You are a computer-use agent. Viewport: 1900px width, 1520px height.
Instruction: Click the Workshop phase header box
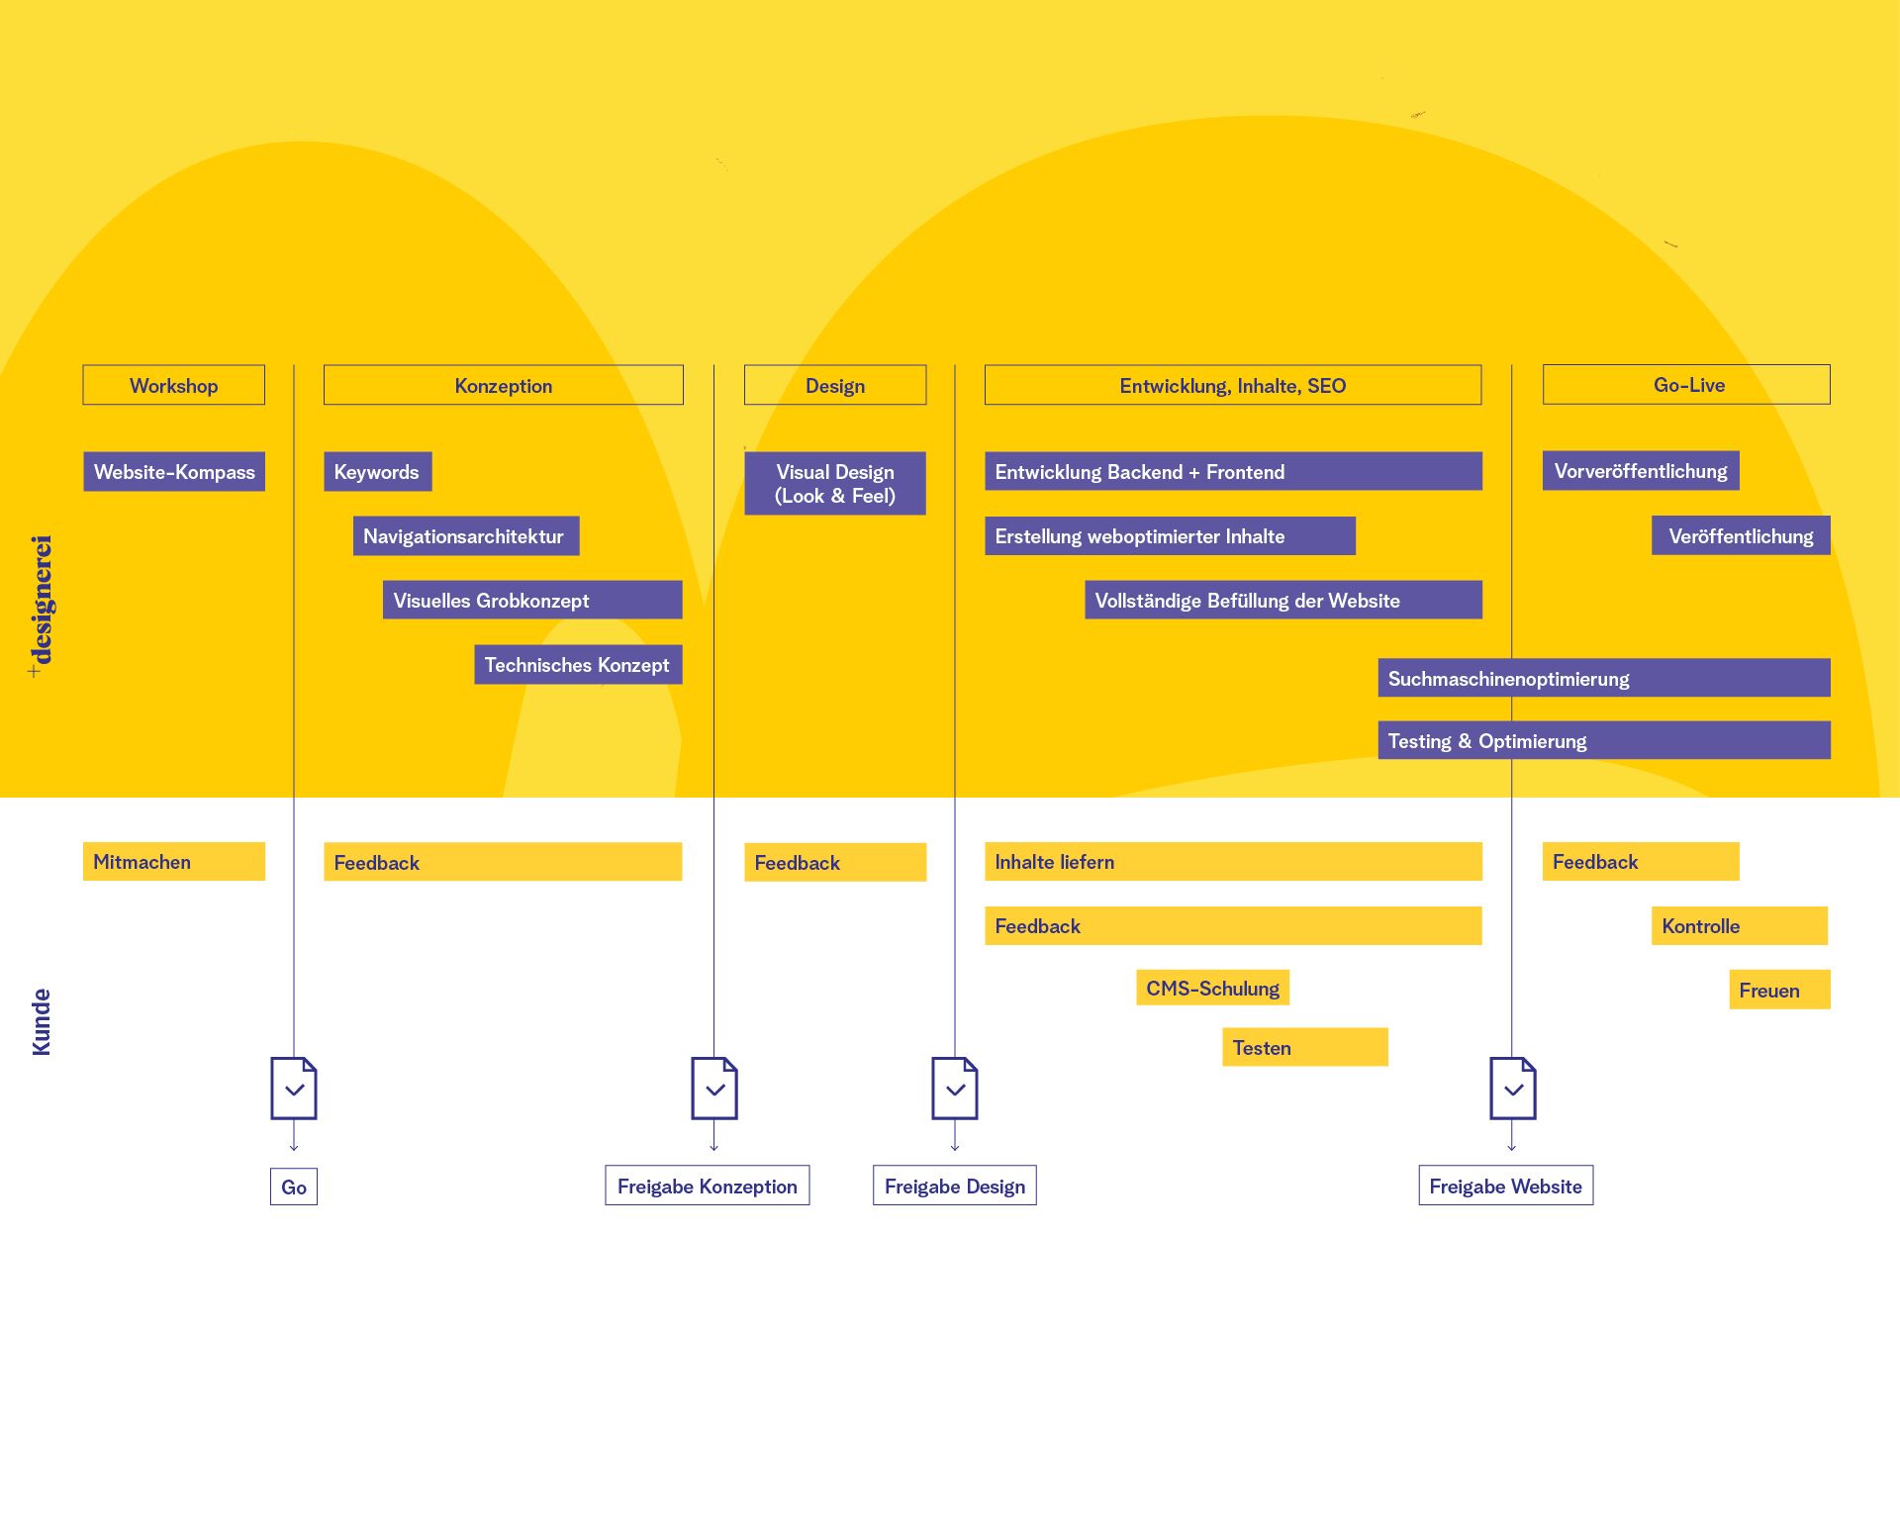[x=173, y=385]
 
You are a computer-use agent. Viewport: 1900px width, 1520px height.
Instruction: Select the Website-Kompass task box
[x=174, y=472]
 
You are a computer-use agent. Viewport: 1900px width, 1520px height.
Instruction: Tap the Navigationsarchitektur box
[x=465, y=536]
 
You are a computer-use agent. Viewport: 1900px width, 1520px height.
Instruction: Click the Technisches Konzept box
[x=578, y=665]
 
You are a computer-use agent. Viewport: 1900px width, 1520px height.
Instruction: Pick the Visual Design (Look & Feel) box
[x=834, y=484]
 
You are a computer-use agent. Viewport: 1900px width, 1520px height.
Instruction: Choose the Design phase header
[x=834, y=385]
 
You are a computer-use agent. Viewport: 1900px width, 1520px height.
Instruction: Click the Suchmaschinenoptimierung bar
[x=1603, y=679]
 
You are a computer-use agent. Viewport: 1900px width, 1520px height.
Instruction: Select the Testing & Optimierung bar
[x=1603, y=741]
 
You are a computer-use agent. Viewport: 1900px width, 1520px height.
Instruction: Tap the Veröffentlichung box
[x=1740, y=536]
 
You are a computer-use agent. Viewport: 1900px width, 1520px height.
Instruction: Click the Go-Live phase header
[x=1686, y=385]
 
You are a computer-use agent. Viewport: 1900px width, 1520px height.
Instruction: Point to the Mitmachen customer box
[x=174, y=862]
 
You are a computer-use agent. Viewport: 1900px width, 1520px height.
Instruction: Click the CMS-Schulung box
[x=1212, y=989]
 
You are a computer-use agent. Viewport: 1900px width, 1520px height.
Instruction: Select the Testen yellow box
[x=1304, y=1048]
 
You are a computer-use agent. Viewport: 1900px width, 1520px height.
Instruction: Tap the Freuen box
[x=1778, y=991]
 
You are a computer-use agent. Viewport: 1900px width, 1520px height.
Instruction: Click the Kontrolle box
[x=1739, y=926]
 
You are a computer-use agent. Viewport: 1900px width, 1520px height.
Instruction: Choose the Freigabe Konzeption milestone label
[x=707, y=1186]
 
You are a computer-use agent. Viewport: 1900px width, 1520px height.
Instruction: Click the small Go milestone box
[x=294, y=1187]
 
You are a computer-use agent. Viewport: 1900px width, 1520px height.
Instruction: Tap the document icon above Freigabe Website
[x=1513, y=1089]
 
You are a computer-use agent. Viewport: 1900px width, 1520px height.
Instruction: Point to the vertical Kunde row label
[x=41, y=1021]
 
